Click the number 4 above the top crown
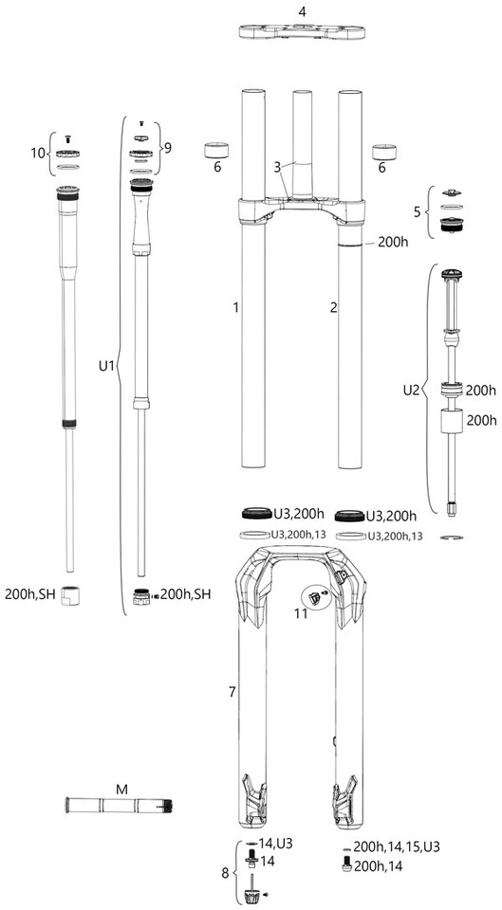pos(302,11)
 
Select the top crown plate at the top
pos(302,31)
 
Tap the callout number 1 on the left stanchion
pos(236,307)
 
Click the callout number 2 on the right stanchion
pos(333,307)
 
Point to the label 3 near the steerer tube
pos(278,167)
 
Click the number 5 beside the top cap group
pos(417,211)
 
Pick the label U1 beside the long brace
pos(106,366)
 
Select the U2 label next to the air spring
pos(411,390)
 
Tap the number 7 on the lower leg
pos(232,692)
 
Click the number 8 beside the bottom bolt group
pos(227,872)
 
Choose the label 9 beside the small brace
pos(168,148)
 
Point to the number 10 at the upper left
pos(38,154)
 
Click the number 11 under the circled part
pos(301,614)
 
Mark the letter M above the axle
pos(121,790)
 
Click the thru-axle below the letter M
pos(119,806)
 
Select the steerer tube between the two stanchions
pos(302,145)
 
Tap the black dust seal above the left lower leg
pos(257,514)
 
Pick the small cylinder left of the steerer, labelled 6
pos(216,151)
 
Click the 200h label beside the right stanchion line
pos(393,242)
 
